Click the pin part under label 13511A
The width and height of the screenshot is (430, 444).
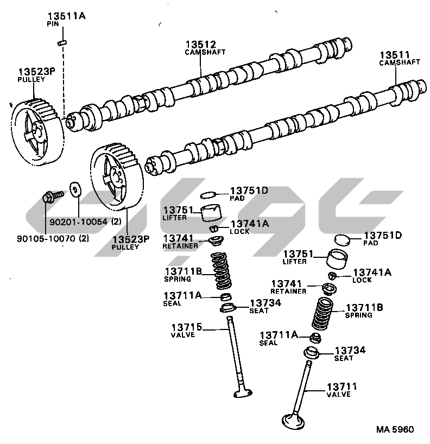[62, 43]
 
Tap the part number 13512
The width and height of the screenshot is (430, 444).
[200, 44]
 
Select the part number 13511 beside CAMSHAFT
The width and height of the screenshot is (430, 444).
[395, 55]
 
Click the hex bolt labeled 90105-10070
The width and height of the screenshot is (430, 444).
[53, 196]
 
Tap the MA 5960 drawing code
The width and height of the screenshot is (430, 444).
[395, 429]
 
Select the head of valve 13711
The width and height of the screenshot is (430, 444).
[294, 422]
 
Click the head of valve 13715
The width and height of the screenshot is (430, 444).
[243, 393]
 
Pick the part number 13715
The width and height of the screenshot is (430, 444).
[187, 327]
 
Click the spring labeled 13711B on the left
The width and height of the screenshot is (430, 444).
[221, 270]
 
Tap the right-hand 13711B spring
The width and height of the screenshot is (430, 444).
[322, 313]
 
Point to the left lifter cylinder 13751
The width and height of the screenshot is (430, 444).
[211, 213]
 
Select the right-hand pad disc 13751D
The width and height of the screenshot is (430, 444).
[342, 240]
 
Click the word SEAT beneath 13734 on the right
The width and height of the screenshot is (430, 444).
[344, 358]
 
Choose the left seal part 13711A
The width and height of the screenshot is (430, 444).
[226, 297]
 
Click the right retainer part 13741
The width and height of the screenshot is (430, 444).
[330, 289]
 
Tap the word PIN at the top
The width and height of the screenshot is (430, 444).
[53, 24]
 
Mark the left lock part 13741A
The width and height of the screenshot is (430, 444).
[214, 228]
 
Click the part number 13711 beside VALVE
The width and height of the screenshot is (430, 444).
[342, 386]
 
